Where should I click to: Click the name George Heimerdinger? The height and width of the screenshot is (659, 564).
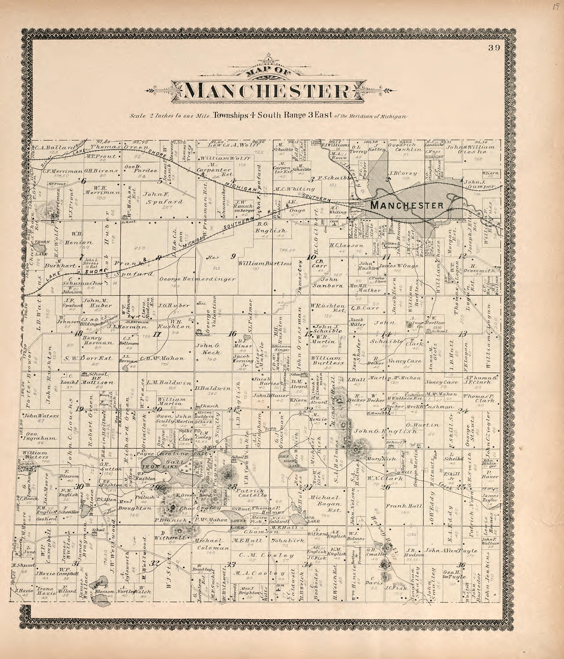[197, 279]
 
